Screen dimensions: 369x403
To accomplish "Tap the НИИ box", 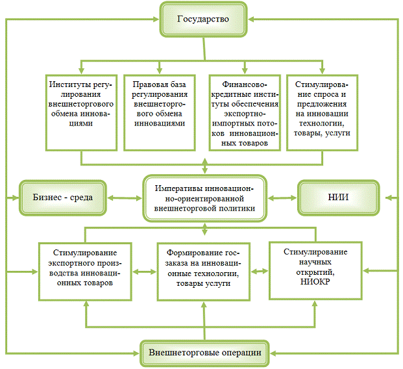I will tap(336, 196).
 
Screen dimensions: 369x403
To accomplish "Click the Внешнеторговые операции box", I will tap(204, 352).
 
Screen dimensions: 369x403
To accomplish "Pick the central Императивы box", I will tap(204, 196).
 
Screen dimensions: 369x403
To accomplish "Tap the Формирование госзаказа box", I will tap(204, 270).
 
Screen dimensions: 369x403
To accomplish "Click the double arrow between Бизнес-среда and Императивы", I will tap(125, 196).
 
